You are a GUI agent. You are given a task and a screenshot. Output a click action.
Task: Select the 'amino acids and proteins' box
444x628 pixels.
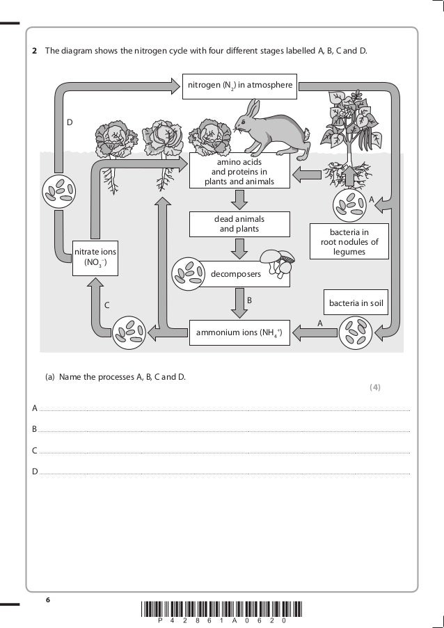coord(239,172)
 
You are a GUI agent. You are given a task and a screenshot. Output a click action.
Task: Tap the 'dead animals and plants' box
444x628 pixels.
coord(239,224)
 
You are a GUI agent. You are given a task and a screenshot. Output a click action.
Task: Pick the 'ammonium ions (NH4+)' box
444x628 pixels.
coord(239,333)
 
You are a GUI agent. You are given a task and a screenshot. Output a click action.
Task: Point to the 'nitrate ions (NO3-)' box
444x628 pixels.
coord(90,257)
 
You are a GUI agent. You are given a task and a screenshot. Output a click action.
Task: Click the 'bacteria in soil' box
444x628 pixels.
coord(356,303)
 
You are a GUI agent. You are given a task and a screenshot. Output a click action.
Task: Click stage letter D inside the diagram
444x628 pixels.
coord(70,122)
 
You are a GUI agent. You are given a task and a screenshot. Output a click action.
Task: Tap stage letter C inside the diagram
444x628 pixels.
coord(106,305)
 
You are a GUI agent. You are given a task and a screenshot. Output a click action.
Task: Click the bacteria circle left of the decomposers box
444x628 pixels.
coord(186,273)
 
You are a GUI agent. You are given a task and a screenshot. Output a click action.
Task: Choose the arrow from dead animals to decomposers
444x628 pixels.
coord(239,247)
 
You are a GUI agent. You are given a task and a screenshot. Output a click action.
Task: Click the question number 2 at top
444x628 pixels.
coord(35,51)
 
